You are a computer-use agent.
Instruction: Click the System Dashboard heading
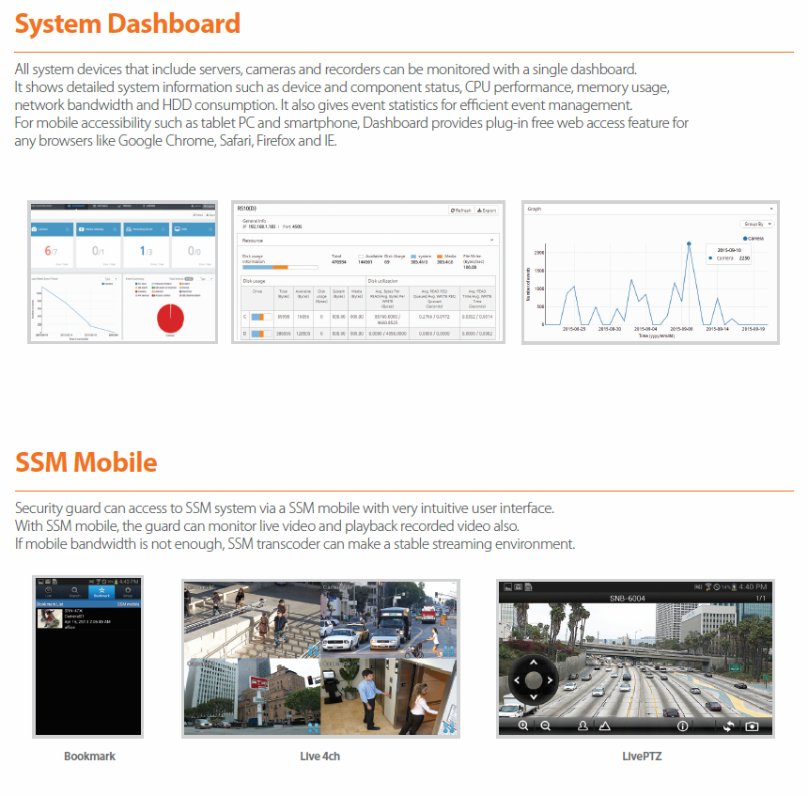click(x=128, y=23)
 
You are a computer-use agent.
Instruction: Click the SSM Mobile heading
click(x=86, y=462)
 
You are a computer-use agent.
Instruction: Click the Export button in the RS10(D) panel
click(x=487, y=211)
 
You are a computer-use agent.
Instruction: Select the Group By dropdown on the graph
click(x=757, y=224)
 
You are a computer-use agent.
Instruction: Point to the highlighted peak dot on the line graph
click(x=689, y=243)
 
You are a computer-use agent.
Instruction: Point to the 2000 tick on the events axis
click(x=539, y=253)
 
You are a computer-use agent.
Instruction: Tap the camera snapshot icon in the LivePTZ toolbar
click(x=752, y=726)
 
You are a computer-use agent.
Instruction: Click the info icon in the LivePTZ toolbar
click(x=683, y=726)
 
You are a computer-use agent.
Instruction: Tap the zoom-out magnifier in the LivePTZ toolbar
click(x=545, y=726)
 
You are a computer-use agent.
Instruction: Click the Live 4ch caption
click(x=319, y=756)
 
